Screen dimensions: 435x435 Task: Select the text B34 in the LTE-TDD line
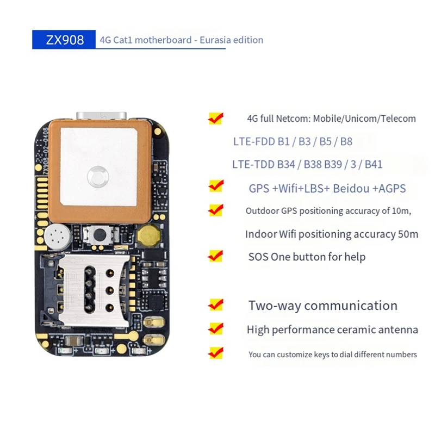click(x=288, y=164)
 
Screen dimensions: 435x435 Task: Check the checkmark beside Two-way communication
click(x=216, y=304)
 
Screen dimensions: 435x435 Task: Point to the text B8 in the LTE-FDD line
click(x=346, y=142)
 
